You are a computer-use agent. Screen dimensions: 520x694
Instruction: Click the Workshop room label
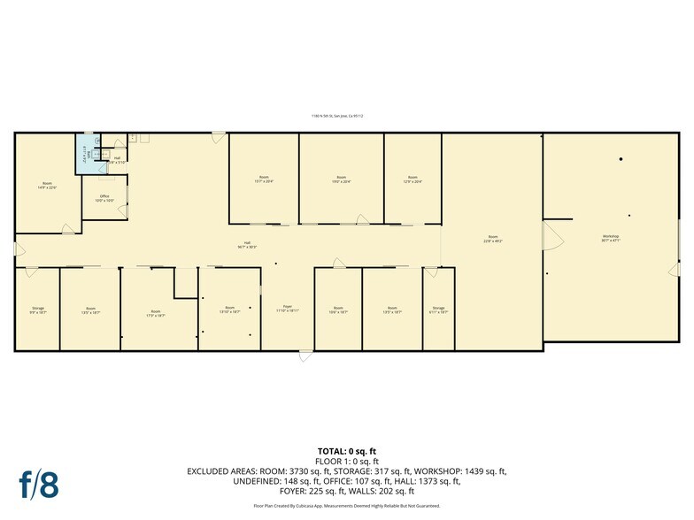point(610,238)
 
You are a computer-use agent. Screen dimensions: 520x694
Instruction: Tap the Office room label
point(104,199)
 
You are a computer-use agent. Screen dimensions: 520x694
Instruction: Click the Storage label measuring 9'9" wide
point(37,310)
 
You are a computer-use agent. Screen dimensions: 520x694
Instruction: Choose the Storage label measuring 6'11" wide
point(438,310)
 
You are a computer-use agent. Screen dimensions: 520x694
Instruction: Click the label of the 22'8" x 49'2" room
point(492,239)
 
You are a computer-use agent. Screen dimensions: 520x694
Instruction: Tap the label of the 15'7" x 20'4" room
point(264,179)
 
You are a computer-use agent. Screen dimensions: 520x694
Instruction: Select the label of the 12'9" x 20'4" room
point(412,179)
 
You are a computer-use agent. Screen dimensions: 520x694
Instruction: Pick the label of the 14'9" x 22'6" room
point(47,187)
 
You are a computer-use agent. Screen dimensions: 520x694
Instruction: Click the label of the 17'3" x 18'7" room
point(156,312)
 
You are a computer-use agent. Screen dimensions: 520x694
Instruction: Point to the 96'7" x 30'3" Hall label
point(246,245)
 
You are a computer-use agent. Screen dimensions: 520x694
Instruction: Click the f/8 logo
point(38,484)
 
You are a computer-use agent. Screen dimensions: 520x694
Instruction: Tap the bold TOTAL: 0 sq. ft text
point(346,452)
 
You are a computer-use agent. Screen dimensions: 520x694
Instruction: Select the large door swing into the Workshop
point(552,237)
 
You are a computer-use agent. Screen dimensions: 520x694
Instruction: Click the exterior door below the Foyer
point(305,356)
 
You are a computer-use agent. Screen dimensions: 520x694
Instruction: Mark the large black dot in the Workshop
point(621,159)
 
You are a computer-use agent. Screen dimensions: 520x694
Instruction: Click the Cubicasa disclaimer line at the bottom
point(346,506)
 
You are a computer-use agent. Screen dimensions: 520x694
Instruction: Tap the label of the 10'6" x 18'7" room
point(338,310)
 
